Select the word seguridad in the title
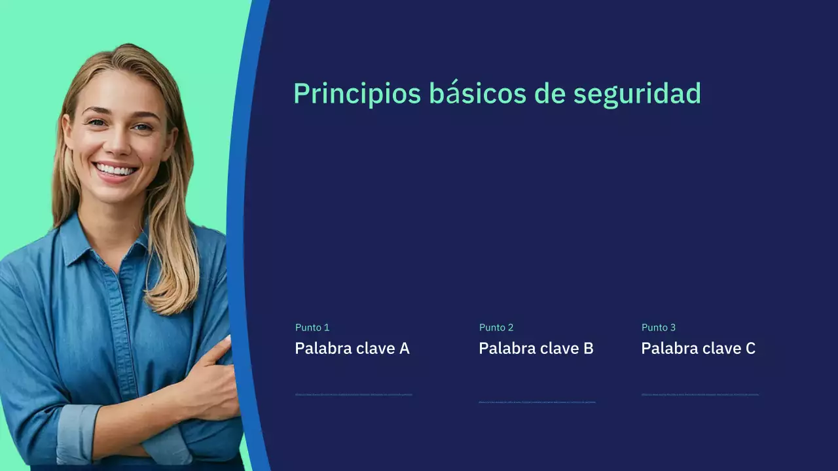(x=637, y=94)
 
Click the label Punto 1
(x=312, y=327)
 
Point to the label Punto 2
(x=496, y=327)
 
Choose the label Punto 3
(x=658, y=327)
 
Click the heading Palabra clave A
(x=352, y=348)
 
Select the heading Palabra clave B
(x=536, y=348)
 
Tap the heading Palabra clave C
(x=698, y=348)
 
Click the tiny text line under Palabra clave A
(x=354, y=394)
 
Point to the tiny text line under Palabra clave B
(x=537, y=402)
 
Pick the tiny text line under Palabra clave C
(x=700, y=394)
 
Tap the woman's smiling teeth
(x=116, y=170)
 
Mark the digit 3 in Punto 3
(x=672, y=327)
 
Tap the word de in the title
(x=549, y=94)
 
